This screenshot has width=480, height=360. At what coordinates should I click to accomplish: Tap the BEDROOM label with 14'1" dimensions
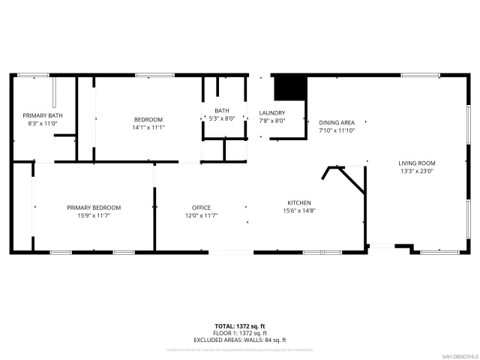pyautogui.click(x=148, y=120)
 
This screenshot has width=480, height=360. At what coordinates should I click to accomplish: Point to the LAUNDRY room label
pyautogui.click(x=272, y=112)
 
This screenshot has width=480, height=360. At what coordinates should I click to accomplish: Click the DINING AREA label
pyautogui.click(x=337, y=122)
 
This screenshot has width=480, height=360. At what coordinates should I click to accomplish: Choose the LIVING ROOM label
pyautogui.click(x=416, y=163)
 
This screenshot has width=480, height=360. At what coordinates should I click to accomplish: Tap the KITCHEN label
pyautogui.click(x=299, y=202)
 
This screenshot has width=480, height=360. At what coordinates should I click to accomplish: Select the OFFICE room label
pyautogui.click(x=201, y=208)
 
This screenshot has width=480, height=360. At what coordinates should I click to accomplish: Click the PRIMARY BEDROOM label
pyautogui.click(x=94, y=208)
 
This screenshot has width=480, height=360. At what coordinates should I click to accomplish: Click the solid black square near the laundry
pyautogui.click(x=289, y=88)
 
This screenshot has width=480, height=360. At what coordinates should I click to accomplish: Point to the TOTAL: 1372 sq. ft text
pyautogui.click(x=240, y=325)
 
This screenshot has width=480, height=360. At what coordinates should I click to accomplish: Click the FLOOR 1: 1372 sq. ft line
pyautogui.click(x=240, y=332)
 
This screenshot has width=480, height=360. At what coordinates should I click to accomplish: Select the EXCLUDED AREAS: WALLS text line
pyautogui.click(x=240, y=339)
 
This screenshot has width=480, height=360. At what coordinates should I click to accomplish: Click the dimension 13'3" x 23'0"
pyautogui.click(x=416, y=171)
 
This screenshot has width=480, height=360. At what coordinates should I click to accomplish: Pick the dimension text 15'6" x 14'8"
pyautogui.click(x=299, y=211)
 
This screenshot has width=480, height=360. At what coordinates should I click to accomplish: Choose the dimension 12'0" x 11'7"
pyautogui.click(x=201, y=216)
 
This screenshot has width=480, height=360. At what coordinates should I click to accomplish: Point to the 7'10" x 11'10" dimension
pyautogui.click(x=337, y=130)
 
